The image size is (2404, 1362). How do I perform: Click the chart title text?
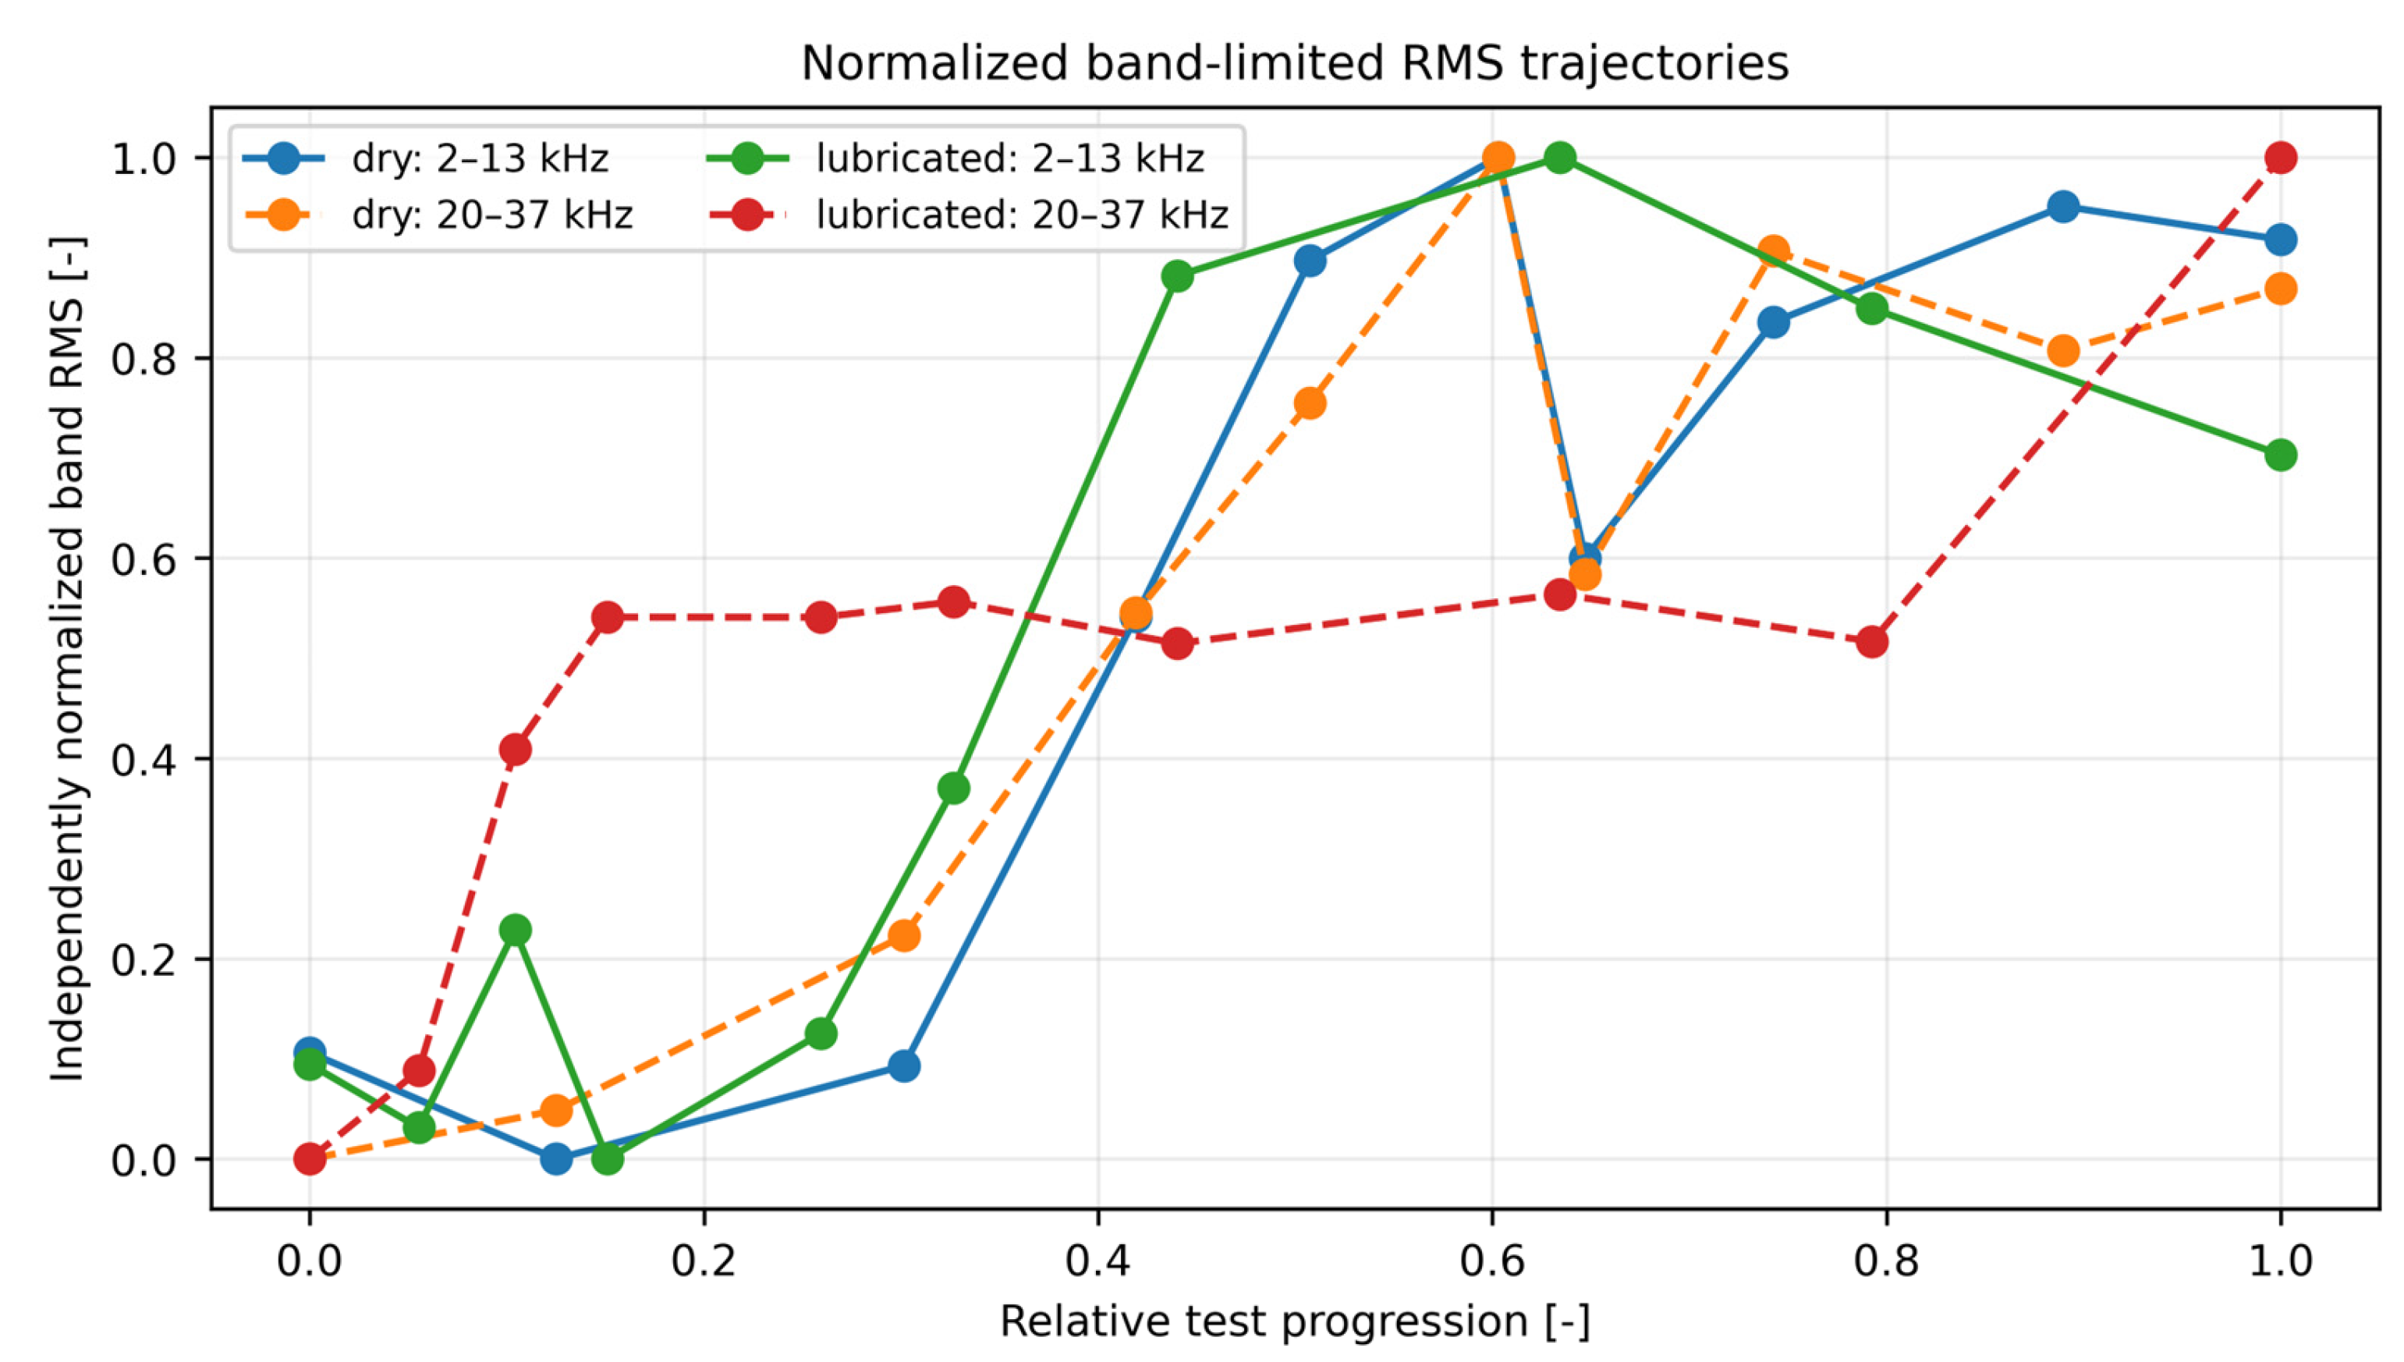1295,65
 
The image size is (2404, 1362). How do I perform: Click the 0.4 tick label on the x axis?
1097,1262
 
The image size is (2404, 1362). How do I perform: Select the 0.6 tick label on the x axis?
1492,1262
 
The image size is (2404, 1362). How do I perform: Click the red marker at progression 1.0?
2281,157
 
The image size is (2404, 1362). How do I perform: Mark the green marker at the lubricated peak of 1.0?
1559,157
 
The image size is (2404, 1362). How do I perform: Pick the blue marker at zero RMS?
557,1159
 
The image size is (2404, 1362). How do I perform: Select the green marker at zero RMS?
608,1159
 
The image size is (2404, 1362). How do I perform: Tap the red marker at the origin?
310,1159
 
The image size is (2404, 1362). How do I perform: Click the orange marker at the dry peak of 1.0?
1498,157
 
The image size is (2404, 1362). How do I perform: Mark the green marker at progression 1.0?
2281,456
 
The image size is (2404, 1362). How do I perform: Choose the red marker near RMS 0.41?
516,750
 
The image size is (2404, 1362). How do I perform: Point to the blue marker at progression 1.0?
2281,239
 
